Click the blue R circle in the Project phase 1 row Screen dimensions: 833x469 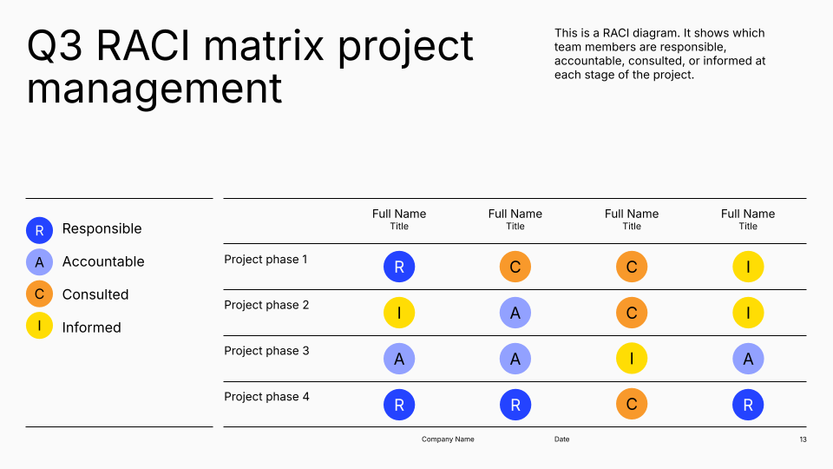pyautogui.click(x=399, y=267)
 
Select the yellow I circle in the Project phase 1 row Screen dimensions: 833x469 pyautogui.click(x=748, y=267)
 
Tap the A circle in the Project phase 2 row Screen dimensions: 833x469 pyautogui.click(x=515, y=313)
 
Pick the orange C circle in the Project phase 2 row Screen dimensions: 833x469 pyautogui.click(x=632, y=313)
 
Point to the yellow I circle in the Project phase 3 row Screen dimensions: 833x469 pyautogui.click(x=632, y=359)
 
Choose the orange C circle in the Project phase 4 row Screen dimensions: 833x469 pyautogui.click(x=632, y=405)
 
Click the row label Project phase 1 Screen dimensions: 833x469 pyautogui.click(x=266, y=260)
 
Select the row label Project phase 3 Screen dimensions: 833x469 pyautogui.click(x=266, y=351)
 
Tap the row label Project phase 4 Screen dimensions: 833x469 pyautogui.click(x=266, y=397)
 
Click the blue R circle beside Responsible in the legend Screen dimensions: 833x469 pyautogui.click(x=39, y=230)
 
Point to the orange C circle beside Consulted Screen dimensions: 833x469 pyautogui.click(x=39, y=294)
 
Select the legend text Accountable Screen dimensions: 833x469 pyautogui.click(x=103, y=261)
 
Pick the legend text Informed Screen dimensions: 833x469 pyautogui.click(x=91, y=327)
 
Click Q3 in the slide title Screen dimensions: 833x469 pyautogui.click(x=54, y=46)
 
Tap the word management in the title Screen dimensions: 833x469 pyautogui.click(x=154, y=89)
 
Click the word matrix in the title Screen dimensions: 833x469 pyautogui.click(x=263, y=46)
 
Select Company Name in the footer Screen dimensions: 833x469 pyautogui.click(x=448, y=439)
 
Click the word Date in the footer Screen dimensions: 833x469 pyautogui.click(x=561, y=439)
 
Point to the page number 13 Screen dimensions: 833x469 pyautogui.click(x=803, y=439)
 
